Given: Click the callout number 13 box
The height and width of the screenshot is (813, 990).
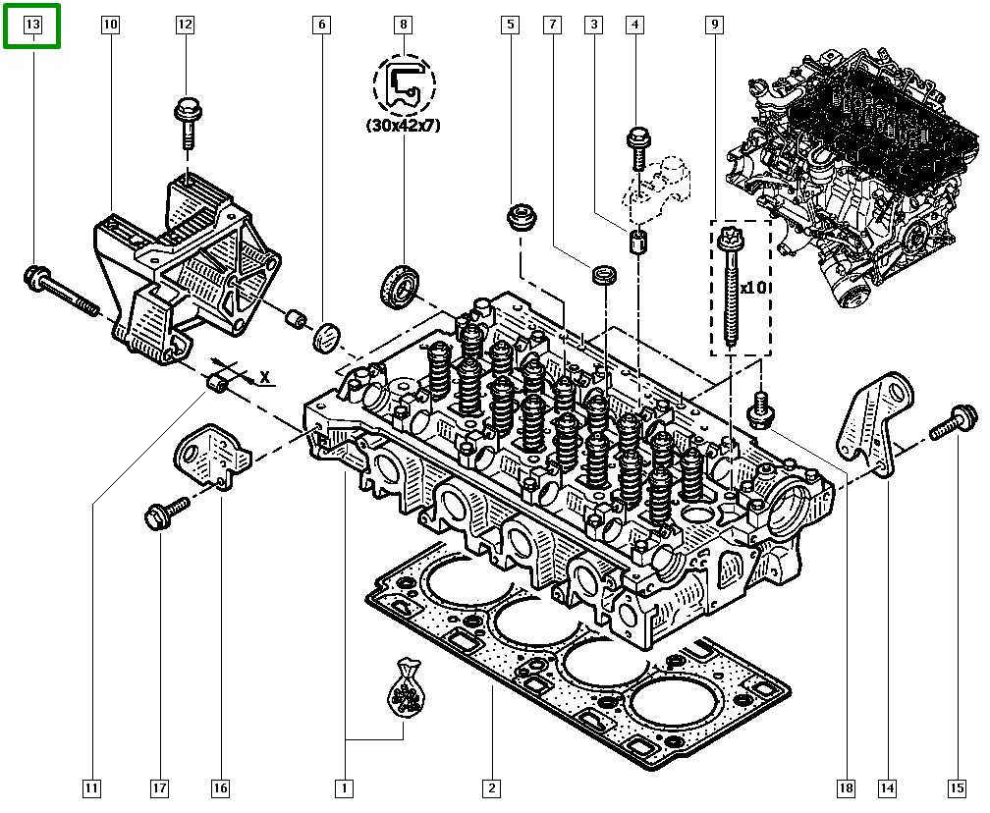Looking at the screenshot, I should click(x=32, y=24).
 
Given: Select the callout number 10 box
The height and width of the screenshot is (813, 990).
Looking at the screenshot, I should click(x=110, y=24).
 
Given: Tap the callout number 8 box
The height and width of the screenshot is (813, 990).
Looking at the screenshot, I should click(x=403, y=24).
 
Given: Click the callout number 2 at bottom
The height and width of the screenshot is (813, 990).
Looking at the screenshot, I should click(x=490, y=786).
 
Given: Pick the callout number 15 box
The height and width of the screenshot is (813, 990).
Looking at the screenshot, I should click(x=956, y=786).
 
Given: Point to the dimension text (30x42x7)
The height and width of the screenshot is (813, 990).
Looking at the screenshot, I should click(x=403, y=126).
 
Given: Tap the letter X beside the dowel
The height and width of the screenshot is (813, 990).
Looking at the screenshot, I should click(x=264, y=376).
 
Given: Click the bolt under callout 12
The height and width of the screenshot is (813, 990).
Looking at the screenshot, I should click(x=186, y=121).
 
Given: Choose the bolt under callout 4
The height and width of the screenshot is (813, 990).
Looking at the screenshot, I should click(x=636, y=148).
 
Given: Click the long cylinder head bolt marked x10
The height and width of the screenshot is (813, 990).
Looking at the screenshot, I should click(x=732, y=285).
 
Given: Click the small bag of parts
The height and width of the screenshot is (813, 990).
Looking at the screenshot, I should click(x=404, y=692).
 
